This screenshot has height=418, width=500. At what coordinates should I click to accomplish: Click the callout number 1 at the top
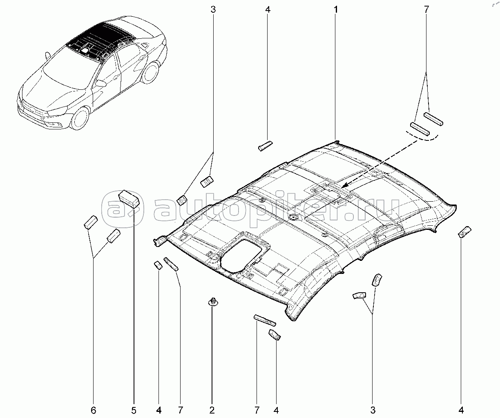coord(336,9)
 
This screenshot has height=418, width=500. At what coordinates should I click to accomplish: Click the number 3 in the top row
coord(213,9)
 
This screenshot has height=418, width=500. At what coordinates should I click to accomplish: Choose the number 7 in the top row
coord(426,9)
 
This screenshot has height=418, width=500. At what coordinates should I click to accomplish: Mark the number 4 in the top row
coord(267,9)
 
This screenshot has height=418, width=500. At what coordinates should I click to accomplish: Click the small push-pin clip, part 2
coord(212,302)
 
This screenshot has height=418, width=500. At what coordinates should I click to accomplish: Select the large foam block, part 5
coord(129,198)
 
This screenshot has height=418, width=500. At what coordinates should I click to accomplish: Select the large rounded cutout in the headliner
coord(241,256)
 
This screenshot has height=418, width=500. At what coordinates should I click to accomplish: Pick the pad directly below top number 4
coord(265,145)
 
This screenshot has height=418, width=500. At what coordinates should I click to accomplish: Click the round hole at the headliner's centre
coord(294,217)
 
